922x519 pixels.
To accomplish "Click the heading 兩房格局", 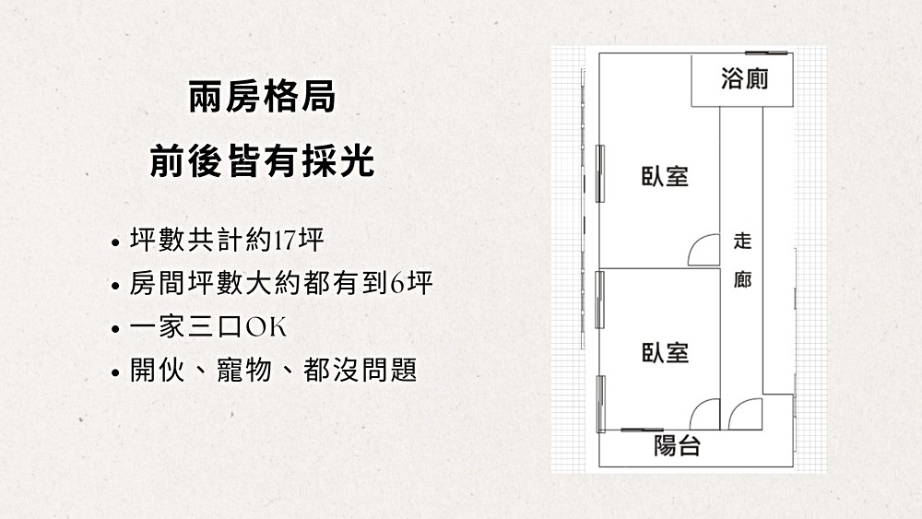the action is tap(262, 97).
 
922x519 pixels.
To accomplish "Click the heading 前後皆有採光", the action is tap(262, 161).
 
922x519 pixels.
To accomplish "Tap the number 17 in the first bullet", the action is tap(285, 241).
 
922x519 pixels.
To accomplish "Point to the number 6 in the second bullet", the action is tap(396, 283).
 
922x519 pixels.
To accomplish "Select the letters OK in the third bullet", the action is tap(266, 327).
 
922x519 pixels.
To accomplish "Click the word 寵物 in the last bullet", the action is tap(244, 371).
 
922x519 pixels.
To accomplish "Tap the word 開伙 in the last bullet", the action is tap(157, 371).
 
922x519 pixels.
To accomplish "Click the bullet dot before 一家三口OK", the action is tap(115, 329).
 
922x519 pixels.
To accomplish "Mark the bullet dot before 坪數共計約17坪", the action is tap(115, 242).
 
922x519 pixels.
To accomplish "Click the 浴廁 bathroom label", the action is tap(744, 78).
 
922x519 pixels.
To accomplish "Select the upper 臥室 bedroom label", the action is tap(665, 176).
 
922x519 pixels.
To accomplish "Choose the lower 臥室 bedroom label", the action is tap(665, 352).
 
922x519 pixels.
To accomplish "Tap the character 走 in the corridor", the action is tap(742, 241).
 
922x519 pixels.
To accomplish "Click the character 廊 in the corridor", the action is tap(742, 279).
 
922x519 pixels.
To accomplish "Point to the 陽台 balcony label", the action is tap(678, 445).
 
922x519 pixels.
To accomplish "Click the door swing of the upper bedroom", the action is tap(703, 250).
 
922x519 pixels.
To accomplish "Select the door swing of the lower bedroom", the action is tap(704, 415).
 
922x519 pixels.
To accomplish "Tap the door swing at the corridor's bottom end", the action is tap(745, 415).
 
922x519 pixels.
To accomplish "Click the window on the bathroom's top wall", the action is tap(766, 53).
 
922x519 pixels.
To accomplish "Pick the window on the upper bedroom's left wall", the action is tap(600, 173).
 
